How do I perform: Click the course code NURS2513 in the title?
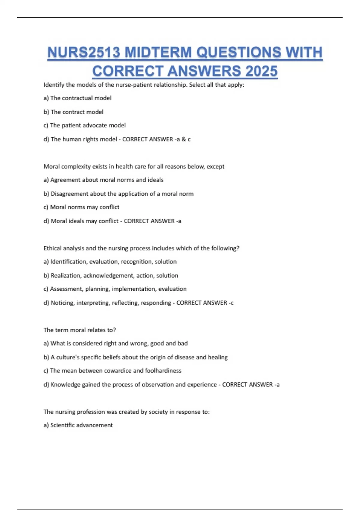pyautogui.click(x=84, y=52)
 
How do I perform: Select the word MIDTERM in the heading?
pyautogui.click(x=158, y=52)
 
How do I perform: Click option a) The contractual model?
pyautogui.click(x=77, y=98)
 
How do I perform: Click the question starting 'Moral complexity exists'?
pyautogui.click(x=134, y=166)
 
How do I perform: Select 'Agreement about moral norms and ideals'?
pyautogui.click(x=103, y=180)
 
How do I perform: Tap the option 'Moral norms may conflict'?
pyautogui.click(x=81, y=207)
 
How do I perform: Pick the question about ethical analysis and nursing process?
pyautogui.click(x=141, y=248)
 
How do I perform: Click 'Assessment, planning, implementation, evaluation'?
pyautogui.click(x=115, y=289)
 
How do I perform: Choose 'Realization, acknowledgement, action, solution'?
pyautogui.click(x=111, y=275)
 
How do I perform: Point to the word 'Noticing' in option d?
pyautogui.click(x=62, y=303)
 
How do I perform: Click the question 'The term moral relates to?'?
pyautogui.click(x=79, y=330)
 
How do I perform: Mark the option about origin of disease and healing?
pyautogui.click(x=135, y=357)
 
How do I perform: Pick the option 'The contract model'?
pyautogui.click(x=73, y=112)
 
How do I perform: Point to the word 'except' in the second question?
pyautogui.click(x=215, y=166)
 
